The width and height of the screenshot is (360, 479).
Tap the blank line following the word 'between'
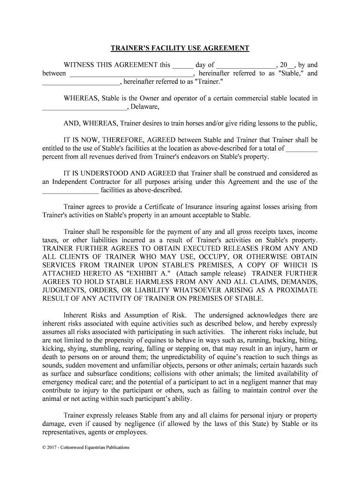pos(131,74)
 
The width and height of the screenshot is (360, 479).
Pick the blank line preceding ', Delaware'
pos(85,107)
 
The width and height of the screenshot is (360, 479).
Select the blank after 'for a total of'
pos(302,149)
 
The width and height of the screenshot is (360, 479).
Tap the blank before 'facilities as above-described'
pos(70,190)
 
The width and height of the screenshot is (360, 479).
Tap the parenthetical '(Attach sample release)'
pos(212,273)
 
